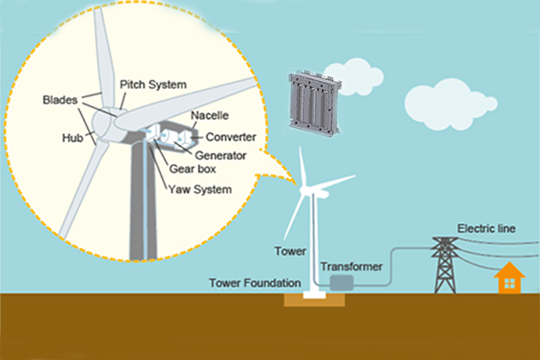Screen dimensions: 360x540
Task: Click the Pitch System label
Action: [x=153, y=84]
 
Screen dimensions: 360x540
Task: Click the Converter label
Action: [x=232, y=137]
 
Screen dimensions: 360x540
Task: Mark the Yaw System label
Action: [x=200, y=189]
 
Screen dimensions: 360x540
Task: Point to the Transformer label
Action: [x=352, y=265]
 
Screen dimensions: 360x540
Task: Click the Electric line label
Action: [x=486, y=228]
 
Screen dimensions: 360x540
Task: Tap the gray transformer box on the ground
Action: [x=341, y=283]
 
